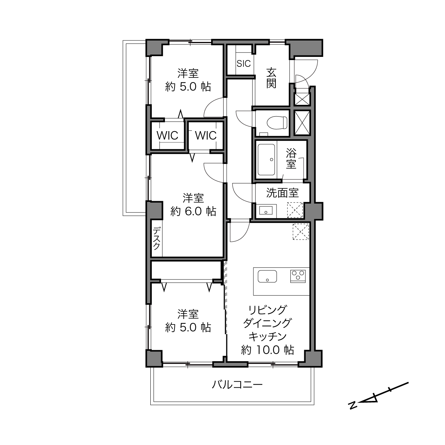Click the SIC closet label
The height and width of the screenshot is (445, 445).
[x=243, y=63]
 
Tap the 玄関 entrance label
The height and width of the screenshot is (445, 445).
[x=271, y=78]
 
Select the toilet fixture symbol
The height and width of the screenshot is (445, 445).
[x=277, y=122]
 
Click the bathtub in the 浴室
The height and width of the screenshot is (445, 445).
[x=266, y=160]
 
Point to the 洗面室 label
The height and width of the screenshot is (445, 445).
[x=283, y=193]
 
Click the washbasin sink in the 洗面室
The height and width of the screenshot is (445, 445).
[x=266, y=211]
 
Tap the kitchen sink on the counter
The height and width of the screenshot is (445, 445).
[x=267, y=277]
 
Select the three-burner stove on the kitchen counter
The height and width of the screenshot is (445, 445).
[x=298, y=276]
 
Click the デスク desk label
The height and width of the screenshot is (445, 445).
[x=157, y=238]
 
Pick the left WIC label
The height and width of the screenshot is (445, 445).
[x=167, y=135]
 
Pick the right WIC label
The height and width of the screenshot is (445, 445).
[x=206, y=135]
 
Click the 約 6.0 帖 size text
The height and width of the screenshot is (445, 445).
[x=193, y=211]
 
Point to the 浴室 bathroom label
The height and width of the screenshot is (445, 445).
[x=291, y=158]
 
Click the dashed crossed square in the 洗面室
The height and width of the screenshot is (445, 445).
[x=295, y=210]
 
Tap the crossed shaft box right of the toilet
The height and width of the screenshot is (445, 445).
[x=302, y=123]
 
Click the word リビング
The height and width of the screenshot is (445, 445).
[x=268, y=310]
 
